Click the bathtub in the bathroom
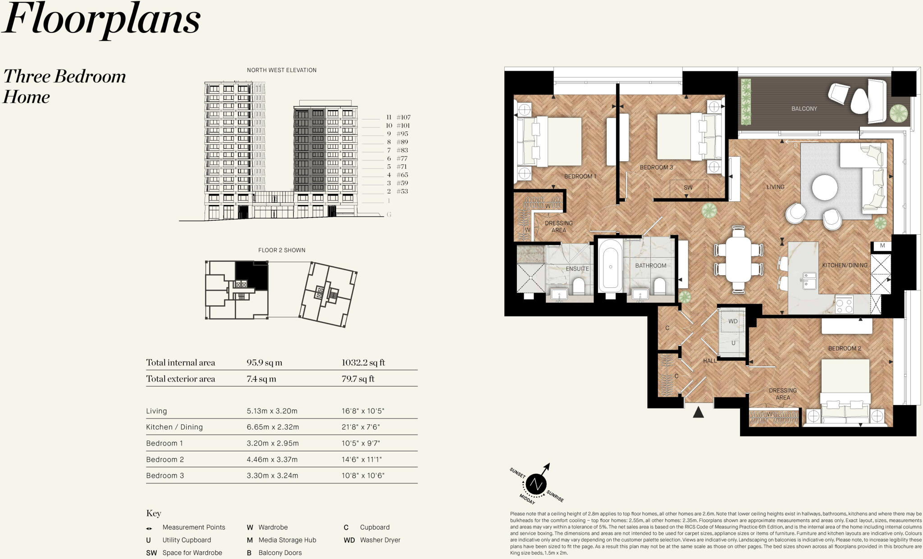[x=611, y=266]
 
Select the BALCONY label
[x=804, y=109]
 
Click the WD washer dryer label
[x=733, y=321]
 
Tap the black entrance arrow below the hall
[x=698, y=412]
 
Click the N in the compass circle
[x=536, y=484]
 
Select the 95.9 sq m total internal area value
[x=264, y=363]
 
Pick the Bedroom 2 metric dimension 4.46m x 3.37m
[x=272, y=459]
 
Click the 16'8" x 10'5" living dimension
[x=363, y=411]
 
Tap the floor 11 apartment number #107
[x=403, y=117]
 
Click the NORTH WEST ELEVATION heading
[x=282, y=70]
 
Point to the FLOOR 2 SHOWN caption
[x=282, y=250]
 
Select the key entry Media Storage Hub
[x=287, y=540]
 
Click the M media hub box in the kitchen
[x=882, y=245]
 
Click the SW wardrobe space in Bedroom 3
[x=688, y=187]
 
